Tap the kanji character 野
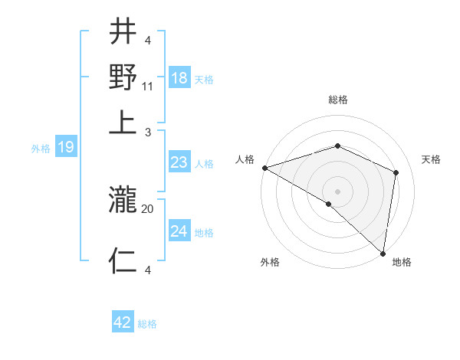[x=123, y=77]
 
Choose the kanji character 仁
[x=123, y=261]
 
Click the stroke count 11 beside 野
[x=148, y=87]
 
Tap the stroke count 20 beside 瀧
[x=148, y=208]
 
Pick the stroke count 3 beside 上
[x=147, y=131]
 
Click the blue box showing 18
[x=179, y=79]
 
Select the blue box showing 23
[x=179, y=162]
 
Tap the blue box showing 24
[x=179, y=231]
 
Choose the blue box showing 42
[x=123, y=322]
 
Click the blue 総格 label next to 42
[x=148, y=324]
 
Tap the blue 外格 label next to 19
[x=41, y=149]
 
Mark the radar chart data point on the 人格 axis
[x=264, y=168]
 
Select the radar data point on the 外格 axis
[x=329, y=204]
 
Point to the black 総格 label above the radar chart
[x=337, y=100]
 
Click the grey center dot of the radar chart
[x=337, y=191]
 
